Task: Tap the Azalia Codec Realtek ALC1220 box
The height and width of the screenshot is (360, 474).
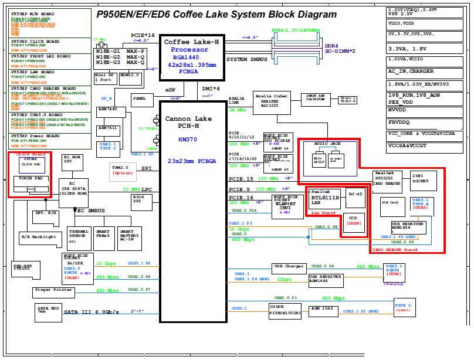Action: [272, 101]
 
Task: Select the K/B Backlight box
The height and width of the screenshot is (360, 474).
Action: [39, 237]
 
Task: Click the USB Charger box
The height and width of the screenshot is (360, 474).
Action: [289, 267]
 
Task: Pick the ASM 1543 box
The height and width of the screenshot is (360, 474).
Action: [322, 310]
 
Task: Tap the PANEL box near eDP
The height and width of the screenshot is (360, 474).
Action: [139, 99]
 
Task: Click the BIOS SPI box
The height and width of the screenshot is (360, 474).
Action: [137, 201]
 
